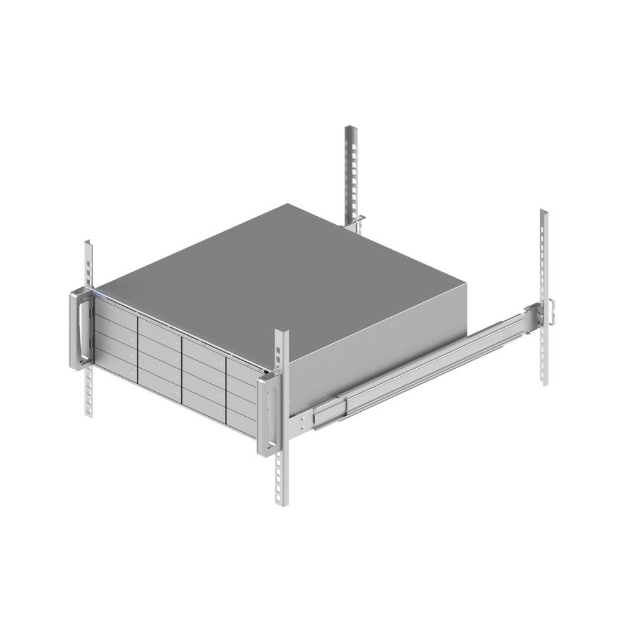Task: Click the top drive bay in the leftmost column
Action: point(115,310)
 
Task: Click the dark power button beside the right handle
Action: point(267,373)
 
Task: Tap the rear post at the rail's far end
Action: point(544,262)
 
